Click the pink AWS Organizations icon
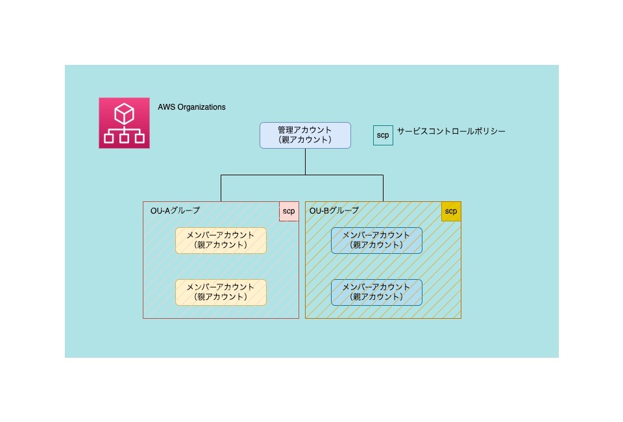pyautogui.click(x=124, y=123)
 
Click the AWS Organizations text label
pyautogui.click(x=191, y=107)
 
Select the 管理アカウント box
pyautogui.click(x=305, y=135)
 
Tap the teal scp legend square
pyautogui.click(x=383, y=135)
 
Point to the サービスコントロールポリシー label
pyautogui.click(x=451, y=131)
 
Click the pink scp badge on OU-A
pyautogui.click(x=289, y=211)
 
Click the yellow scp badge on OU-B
pyautogui.click(x=451, y=211)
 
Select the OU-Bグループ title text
pyautogui.click(x=334, y=210)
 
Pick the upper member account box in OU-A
pyautogui.click(x=221, y=240)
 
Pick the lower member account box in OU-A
pyautogui.click(x=221, y=292)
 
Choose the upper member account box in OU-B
pyautogui.click(x=376, y=240)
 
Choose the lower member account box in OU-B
pyautogui.click(x=376, y=292)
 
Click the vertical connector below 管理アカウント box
pyautogui.click(x=305, y=162)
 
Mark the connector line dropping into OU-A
pyautogui.click(x=221, y=188)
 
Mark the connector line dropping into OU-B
pyautogui.click(x=383, y=188)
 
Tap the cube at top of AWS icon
pyautogui.click(x=124, y=114)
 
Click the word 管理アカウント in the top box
pyautogui.click(x=305, y=130)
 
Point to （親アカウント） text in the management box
pyautogui.click(x=305, y=140)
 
